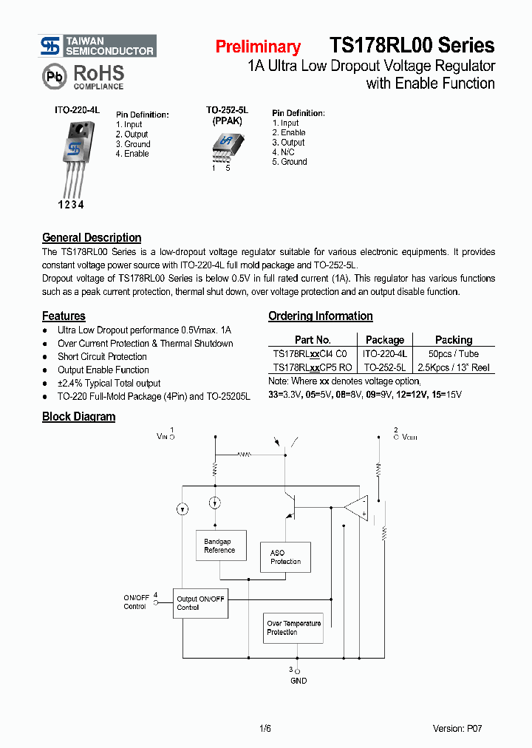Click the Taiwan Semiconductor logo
(98, 46)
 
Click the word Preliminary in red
(258, 47)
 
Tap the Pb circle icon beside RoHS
(54, 77)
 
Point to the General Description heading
(92, 237)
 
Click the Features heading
(64, 316)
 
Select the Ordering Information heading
(320, 316)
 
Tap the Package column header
(385, 340)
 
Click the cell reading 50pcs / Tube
(454, 354)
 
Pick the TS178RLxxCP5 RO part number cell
(313, 367)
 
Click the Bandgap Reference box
(219, 546)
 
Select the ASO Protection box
(285, 557)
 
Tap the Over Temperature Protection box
(293, 628)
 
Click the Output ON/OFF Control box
(200, 603)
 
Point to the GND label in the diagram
(299, 681)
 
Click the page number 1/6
(266, 729)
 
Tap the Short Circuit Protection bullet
(102, 356)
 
